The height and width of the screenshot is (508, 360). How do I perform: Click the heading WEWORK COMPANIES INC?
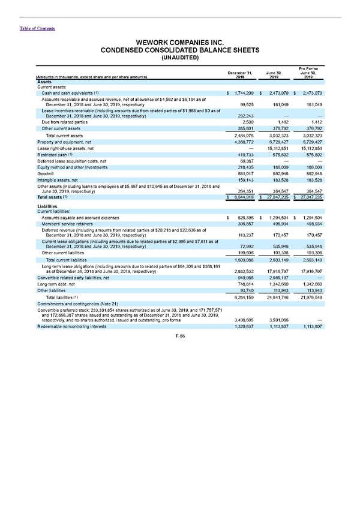[180, 43]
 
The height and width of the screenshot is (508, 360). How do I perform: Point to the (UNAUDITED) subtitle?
[180, 58]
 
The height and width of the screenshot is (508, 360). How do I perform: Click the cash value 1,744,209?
[242, 93]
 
